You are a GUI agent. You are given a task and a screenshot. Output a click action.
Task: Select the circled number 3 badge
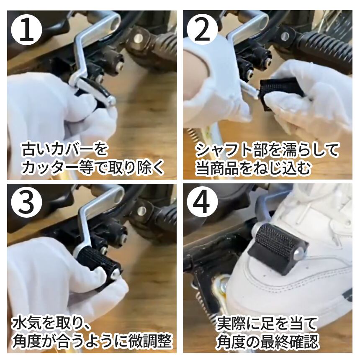(26, 203)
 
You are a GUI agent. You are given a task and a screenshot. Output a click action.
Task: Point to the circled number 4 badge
(202, 203)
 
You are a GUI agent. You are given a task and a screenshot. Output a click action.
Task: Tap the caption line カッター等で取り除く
(93, 167)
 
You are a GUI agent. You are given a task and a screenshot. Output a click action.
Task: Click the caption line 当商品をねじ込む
(253, 167)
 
